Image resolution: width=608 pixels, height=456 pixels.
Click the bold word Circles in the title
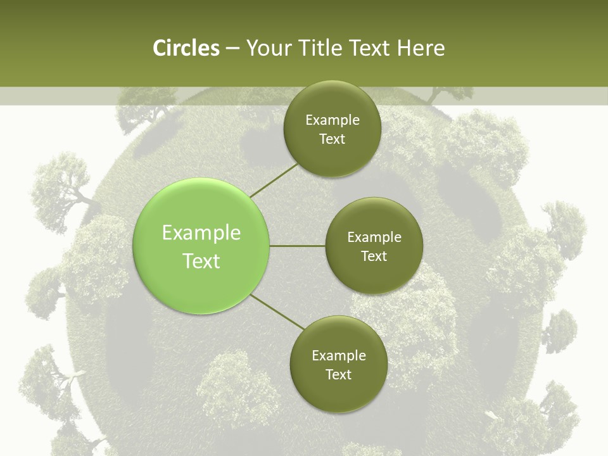pos(186,48)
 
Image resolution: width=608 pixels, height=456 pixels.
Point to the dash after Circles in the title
pos(232,49)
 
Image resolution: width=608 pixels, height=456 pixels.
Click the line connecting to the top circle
pos(275,179)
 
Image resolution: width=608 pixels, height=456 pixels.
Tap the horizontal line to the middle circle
pos(298,246)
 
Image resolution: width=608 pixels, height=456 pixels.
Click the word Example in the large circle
pos(201,233)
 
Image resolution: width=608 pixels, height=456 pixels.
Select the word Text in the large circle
pos(201,261)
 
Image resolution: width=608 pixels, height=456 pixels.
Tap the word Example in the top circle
pos(332,120)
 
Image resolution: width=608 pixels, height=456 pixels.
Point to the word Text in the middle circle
pos(374,256)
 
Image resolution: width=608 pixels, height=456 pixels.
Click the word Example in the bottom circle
pos(339,356)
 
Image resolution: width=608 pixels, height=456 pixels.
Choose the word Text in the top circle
pos(332,139)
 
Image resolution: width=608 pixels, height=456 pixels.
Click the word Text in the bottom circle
pos(338,375)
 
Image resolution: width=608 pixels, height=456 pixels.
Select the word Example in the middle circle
pos(374,237)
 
